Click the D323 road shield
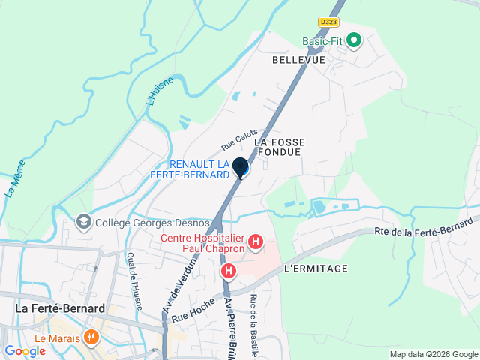pos(328,22)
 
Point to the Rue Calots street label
pos(239,138)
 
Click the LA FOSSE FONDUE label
pos(277,146)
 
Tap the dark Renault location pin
pos(241,168)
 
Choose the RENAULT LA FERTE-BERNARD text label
pos(199,169)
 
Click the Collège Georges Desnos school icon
pos(83,222)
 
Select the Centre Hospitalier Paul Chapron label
pos(202,244)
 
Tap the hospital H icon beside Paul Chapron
pos(256,241)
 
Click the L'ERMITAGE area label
pos(316,268)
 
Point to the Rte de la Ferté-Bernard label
pos(424,226)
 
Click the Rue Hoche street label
pos(193,307)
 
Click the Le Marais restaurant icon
pos(91,337)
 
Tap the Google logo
pos(25,351)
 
